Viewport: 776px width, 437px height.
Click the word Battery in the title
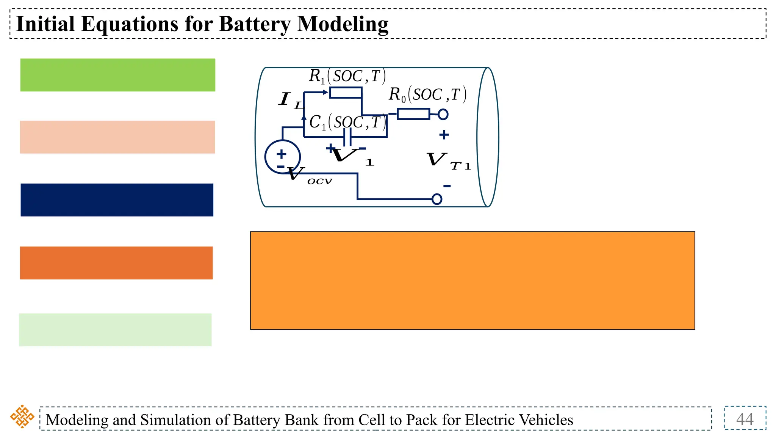pyautogui.click(x=255, y=24)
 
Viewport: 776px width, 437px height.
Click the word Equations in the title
pyautogui.click(x=129, y=24)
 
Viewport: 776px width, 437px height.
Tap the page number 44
pyautogui.click(x=745, y=419)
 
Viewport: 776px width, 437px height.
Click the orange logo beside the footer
pyautogui.click(x=22, y=417)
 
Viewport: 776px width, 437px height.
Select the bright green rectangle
pyautogui.click(x=117, y=75)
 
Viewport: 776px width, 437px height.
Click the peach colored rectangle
pyautogui.click(x=117, y=137)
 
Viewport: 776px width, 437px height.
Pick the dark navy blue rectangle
pyautogui.click(x=117, y=200)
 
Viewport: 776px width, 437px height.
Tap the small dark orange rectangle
pyautogui.click(x=116, y=263)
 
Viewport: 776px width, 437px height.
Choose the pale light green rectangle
pyautogui.click(x=115, y=330)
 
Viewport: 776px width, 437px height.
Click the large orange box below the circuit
pyautogui.click(x=472, y=280)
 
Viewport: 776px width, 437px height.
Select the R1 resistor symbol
pyautogui.click(x=345, y=93)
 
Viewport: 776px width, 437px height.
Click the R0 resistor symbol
pyautogui.click(x=413, y=114)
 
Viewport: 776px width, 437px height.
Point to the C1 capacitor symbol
pyautogui.click(x=347, y=137)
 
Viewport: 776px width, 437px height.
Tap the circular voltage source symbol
pyautogui.click(x=282, y=157)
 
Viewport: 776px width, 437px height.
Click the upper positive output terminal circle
pyautogui.click(x=443, y=114)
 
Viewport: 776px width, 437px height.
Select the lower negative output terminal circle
pyautogui.click(x=437, y=199)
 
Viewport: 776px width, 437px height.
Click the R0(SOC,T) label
pyautogui.click(x=427, y=94)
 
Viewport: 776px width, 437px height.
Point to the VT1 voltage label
pyautogui.click(x=447, y=161)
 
